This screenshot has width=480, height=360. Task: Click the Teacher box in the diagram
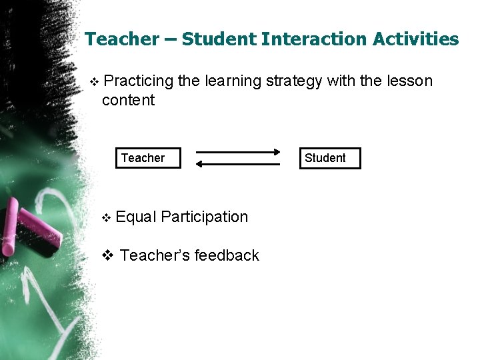tap(147, 158)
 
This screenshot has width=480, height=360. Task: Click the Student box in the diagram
tap(329, 158)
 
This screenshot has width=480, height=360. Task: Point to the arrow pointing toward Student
tap(238, 152)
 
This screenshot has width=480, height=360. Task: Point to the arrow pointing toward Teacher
tap(238, 164)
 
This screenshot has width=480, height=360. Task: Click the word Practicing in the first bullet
tap(138, 81)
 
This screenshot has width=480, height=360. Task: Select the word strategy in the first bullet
tap(293, 81)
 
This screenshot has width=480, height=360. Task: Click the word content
tap(128, 101)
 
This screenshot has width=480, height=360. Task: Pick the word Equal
tap(136, 217)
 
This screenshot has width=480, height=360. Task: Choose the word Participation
tap(204, 217)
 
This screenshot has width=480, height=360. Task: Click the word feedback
tap(225, 255)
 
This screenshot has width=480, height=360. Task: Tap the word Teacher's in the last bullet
tap(153, 255)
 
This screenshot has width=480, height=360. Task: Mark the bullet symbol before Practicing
tap(93, 82)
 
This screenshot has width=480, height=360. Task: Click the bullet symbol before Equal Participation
tap(105, 218)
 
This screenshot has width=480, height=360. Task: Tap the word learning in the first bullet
tap(233, 81)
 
